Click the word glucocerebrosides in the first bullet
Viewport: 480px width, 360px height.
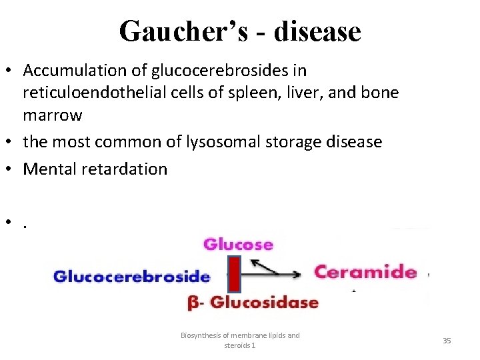[x=211, y=70]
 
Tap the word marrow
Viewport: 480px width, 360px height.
[x=52, y=115]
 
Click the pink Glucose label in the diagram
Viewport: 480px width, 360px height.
[x=238, y=244]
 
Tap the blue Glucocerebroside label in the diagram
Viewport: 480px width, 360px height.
[x=131, y=276]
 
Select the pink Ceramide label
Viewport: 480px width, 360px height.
[x=365, y=271]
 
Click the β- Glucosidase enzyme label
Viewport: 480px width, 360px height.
[x=253, y=303]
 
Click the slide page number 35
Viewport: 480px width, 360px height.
[x=447, y=341]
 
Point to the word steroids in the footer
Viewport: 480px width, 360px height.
[x=237, y=346]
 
